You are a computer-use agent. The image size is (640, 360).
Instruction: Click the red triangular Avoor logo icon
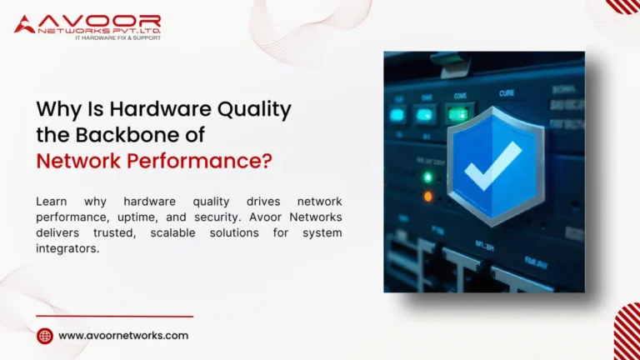pyautogui.click(x=24, y=23)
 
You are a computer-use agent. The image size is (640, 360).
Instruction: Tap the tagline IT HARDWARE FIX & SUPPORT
pyautogui.click(x=117, y=37)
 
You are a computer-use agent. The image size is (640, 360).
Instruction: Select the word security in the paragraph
pyautogui.click(x=201, y=217)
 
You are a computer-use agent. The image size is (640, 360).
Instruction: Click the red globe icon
pyautogui.click(x=45, y=336)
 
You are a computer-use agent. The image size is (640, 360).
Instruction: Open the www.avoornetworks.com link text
pyautogui.click(x=123, y=336)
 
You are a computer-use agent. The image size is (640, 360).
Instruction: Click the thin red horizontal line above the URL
pyautogui.click(x=115, y=317)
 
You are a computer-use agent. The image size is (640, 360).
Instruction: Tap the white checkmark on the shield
pyautogui.click(x=493, y=166)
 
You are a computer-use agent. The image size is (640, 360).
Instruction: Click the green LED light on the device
pyautogui.click(x=428, y=177)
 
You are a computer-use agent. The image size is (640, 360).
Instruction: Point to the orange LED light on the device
pyautogui.click(x=428, y=197)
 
